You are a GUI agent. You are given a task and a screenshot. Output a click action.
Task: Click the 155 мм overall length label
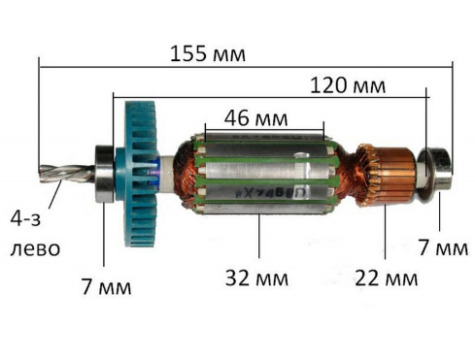[x=208, y=53]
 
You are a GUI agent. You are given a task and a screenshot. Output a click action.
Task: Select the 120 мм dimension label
[x=348, y=85]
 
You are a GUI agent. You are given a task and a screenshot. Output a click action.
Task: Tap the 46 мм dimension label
[x=255, y=118]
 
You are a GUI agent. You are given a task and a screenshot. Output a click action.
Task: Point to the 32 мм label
[x=256, y=278]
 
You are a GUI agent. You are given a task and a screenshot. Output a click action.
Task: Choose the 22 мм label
[x=386, y=278]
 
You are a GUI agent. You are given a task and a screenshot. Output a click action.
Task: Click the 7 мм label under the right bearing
[x=443, y=247]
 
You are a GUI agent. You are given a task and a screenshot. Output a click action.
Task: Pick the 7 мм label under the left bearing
[x=106, y=286]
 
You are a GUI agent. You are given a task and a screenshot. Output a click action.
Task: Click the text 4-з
[x=25, y=219]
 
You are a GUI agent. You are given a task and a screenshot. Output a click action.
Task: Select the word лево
[x=35, y=249]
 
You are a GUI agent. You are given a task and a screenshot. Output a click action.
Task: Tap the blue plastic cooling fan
[x=140, y=174]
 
